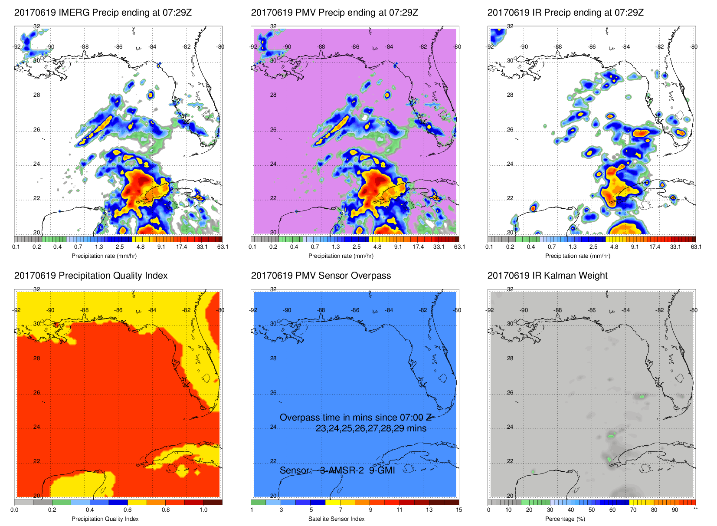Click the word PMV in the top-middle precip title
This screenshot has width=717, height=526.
point(305,13)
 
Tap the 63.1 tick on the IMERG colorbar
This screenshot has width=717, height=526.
point(223,247)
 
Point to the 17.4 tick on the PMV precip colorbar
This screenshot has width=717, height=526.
point(418,247)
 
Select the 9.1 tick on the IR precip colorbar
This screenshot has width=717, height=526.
point(635,247)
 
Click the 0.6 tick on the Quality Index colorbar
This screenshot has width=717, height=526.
point(128,510)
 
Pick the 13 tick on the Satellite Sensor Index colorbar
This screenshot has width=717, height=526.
point(429,510)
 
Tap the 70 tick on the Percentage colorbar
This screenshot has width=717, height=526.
point(633,510)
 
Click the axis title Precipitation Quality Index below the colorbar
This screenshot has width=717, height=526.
point(105,519)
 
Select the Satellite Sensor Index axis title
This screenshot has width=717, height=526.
point(336,519)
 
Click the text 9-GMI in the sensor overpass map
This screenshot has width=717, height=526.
point(382,470)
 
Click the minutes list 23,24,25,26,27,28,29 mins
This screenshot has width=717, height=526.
point(371,428)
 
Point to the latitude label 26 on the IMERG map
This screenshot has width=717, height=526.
point(36,130)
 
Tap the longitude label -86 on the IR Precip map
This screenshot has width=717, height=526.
point(592,47)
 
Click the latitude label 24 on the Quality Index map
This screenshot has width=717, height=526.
point(36,427)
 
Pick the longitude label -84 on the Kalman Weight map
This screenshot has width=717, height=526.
point(625,310)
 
